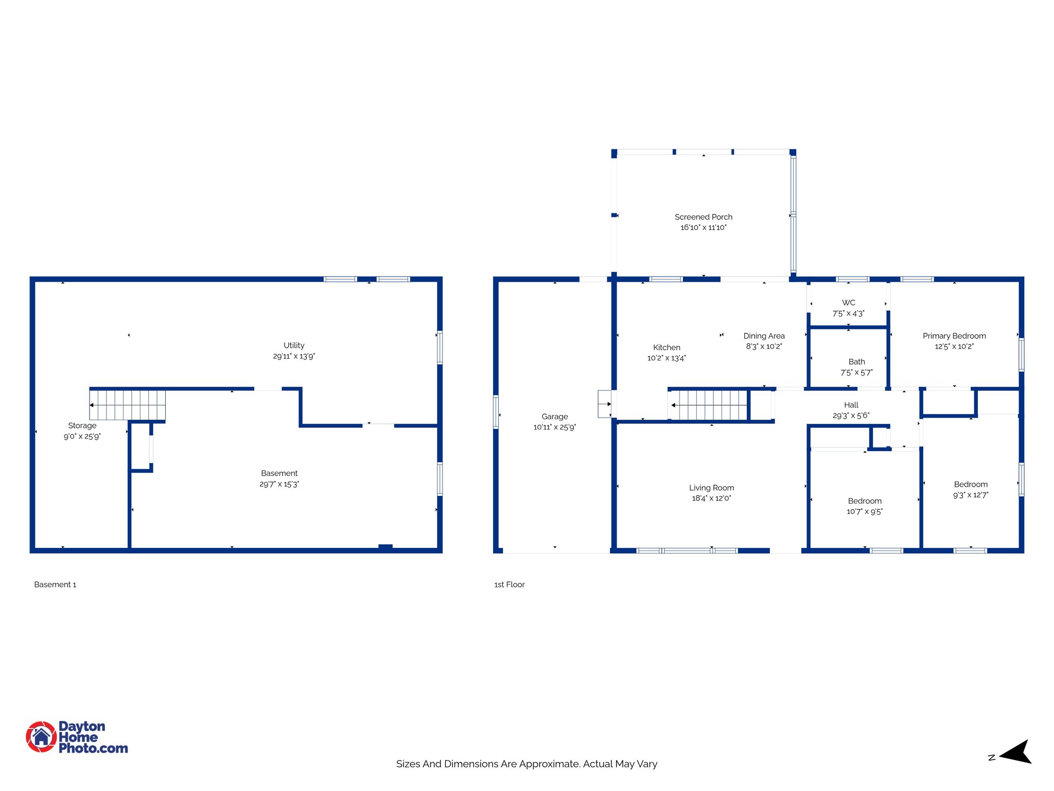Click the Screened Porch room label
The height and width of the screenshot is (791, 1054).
pyautogui.click(x=703, y=217)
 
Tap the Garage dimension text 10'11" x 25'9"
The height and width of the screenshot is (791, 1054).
pyautogui.click(x=554, y=427)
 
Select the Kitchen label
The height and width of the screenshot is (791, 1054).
pyautogui.click(x=666, y=348)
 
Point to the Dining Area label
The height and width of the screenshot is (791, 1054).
pyautogui.click(x=764, y=336)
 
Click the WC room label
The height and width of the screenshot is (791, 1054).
pyautogui.click(x=848, y=303)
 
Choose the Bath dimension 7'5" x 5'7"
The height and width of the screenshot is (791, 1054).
pyautogui.click(x=856, y=373)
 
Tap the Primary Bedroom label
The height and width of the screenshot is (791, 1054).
pyautogui.click(x=954, y=336)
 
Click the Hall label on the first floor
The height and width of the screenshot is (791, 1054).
pyautogui.click(x=851, y=405)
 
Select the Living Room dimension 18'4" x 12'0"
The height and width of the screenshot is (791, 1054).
pyautogui.click(x=711, y=498)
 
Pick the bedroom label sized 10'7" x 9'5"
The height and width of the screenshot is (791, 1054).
pyautogui.click(x=865, y=501)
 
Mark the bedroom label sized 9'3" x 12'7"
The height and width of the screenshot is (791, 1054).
pyautogui.click(x=971, y=485)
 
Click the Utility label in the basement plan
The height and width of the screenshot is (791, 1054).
pyautogui.click(x=294, y=346)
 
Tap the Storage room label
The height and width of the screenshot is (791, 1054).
pyautogui.click(x=82, y=426)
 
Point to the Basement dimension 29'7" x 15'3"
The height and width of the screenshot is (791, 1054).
pyautogui.click(x=279, y=484)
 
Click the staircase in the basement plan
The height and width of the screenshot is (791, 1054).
pyautogui.click(x=128, y=405)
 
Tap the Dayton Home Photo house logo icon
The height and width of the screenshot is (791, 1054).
pyautogui.click(x=41, y=736)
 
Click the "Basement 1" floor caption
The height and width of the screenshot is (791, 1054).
pyautogui.click(x=55, y=584)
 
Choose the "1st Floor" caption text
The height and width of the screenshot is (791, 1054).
pyautogui.click(x=509, y=584)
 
